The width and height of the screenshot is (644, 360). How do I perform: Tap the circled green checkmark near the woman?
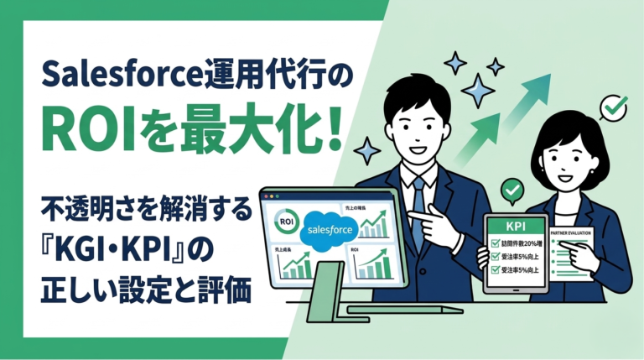tap(615, 107)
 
